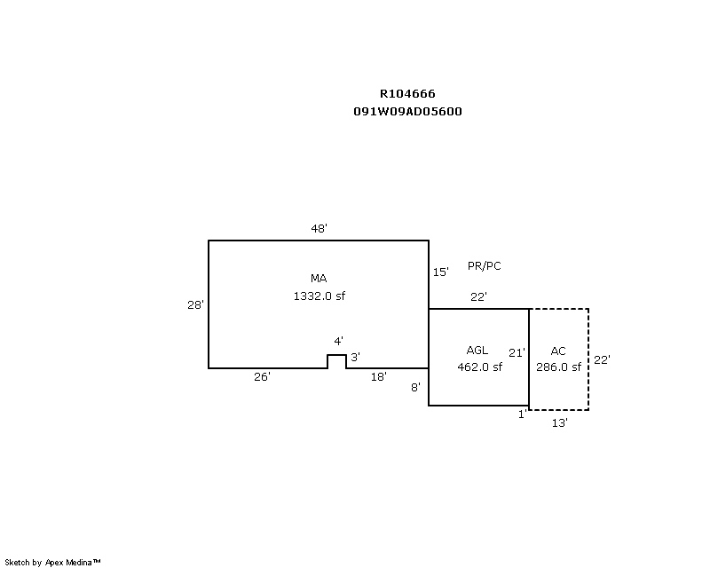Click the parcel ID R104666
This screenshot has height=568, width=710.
pos(407,93)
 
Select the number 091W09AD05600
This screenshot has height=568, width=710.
pos(407,112)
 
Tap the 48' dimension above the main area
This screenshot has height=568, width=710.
pos(319,229)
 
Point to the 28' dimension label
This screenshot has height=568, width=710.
pos(195,304)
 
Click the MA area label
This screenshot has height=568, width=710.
pos(319,279)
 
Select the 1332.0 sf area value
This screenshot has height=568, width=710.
pos(319,296)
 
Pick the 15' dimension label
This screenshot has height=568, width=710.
pos(441,272)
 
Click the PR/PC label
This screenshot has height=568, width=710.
pos(485,266)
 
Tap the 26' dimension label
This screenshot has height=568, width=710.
pos(262,377)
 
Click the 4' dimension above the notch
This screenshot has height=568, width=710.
pos(338,342)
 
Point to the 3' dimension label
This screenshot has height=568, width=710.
pos(355,358)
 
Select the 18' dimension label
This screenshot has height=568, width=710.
pos(379,377)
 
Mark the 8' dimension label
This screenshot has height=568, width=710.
pos(415,387)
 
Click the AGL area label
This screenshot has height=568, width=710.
pos(477,351)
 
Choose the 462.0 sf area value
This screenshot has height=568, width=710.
pos(479,367)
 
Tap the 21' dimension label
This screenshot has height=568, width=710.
pos(517,352)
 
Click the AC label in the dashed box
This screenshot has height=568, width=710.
pos(558,351)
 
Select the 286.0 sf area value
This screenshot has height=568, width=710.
pos(559,367)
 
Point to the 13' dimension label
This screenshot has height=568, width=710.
pos(560,423)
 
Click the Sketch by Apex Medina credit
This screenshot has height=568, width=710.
pos(53,562)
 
